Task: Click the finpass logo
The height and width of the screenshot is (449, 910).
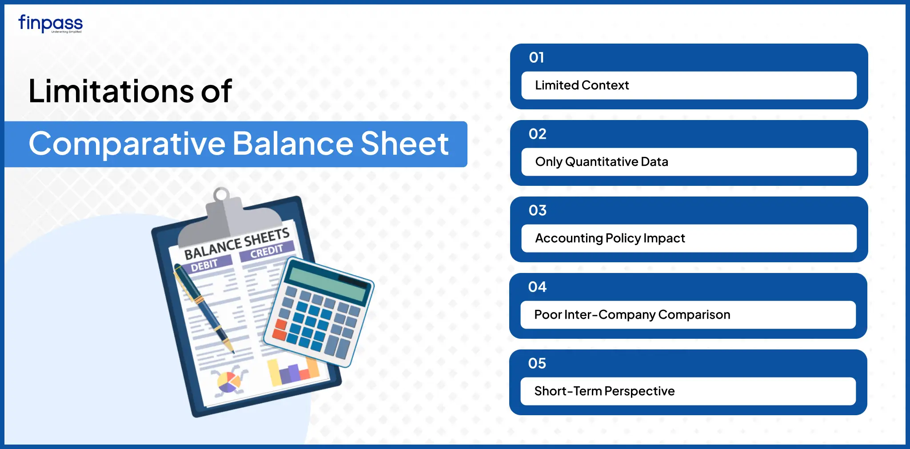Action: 50,24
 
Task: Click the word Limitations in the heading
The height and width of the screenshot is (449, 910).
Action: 111,91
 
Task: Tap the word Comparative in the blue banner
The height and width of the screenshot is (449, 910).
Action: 127,144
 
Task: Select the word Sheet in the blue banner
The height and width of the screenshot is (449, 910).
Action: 404,144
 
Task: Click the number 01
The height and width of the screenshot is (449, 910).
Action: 536,57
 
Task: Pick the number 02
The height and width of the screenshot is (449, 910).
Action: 538,134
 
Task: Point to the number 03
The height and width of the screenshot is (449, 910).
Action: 538,210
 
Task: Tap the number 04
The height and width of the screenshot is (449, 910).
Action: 537,287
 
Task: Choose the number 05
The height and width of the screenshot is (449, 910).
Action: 537,363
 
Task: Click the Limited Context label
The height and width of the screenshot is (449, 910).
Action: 582,85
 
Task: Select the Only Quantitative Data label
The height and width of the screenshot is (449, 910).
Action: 602,162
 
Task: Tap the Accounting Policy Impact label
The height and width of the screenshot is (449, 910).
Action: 610,238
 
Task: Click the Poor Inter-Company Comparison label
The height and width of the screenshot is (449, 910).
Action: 632,315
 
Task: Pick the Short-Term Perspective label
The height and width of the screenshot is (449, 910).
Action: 604,391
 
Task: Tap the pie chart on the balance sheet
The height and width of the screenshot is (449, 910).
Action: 228,381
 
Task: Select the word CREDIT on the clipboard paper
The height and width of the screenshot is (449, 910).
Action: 267,252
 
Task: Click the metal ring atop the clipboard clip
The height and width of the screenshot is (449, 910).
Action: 221,194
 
